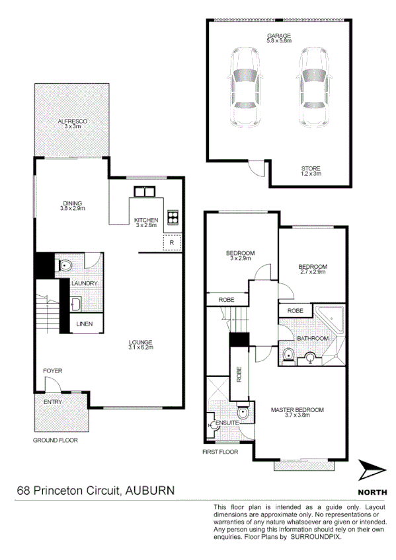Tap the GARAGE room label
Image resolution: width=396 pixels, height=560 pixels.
click(x=279, y=36)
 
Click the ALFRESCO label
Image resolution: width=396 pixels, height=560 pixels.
click(x=73, y=121)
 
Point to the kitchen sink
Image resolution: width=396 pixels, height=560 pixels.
click(x=144, y=192)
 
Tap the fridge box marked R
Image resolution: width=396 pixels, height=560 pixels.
click(x=171, y=242)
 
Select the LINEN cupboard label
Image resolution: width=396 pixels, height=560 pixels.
click(x=85, y=324)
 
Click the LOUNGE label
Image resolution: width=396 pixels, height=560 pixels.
click(x=141, y=342)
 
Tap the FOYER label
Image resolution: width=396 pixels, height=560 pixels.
click(x=53, y=371)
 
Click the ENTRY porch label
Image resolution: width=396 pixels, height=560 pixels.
click(x=53, y=402)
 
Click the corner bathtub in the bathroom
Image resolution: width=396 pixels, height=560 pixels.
click(x=331, y=320)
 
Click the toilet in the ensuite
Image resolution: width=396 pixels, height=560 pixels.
click(x=243, y=413)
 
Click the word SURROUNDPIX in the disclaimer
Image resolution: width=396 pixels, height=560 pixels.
click(x=319, y=538)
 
